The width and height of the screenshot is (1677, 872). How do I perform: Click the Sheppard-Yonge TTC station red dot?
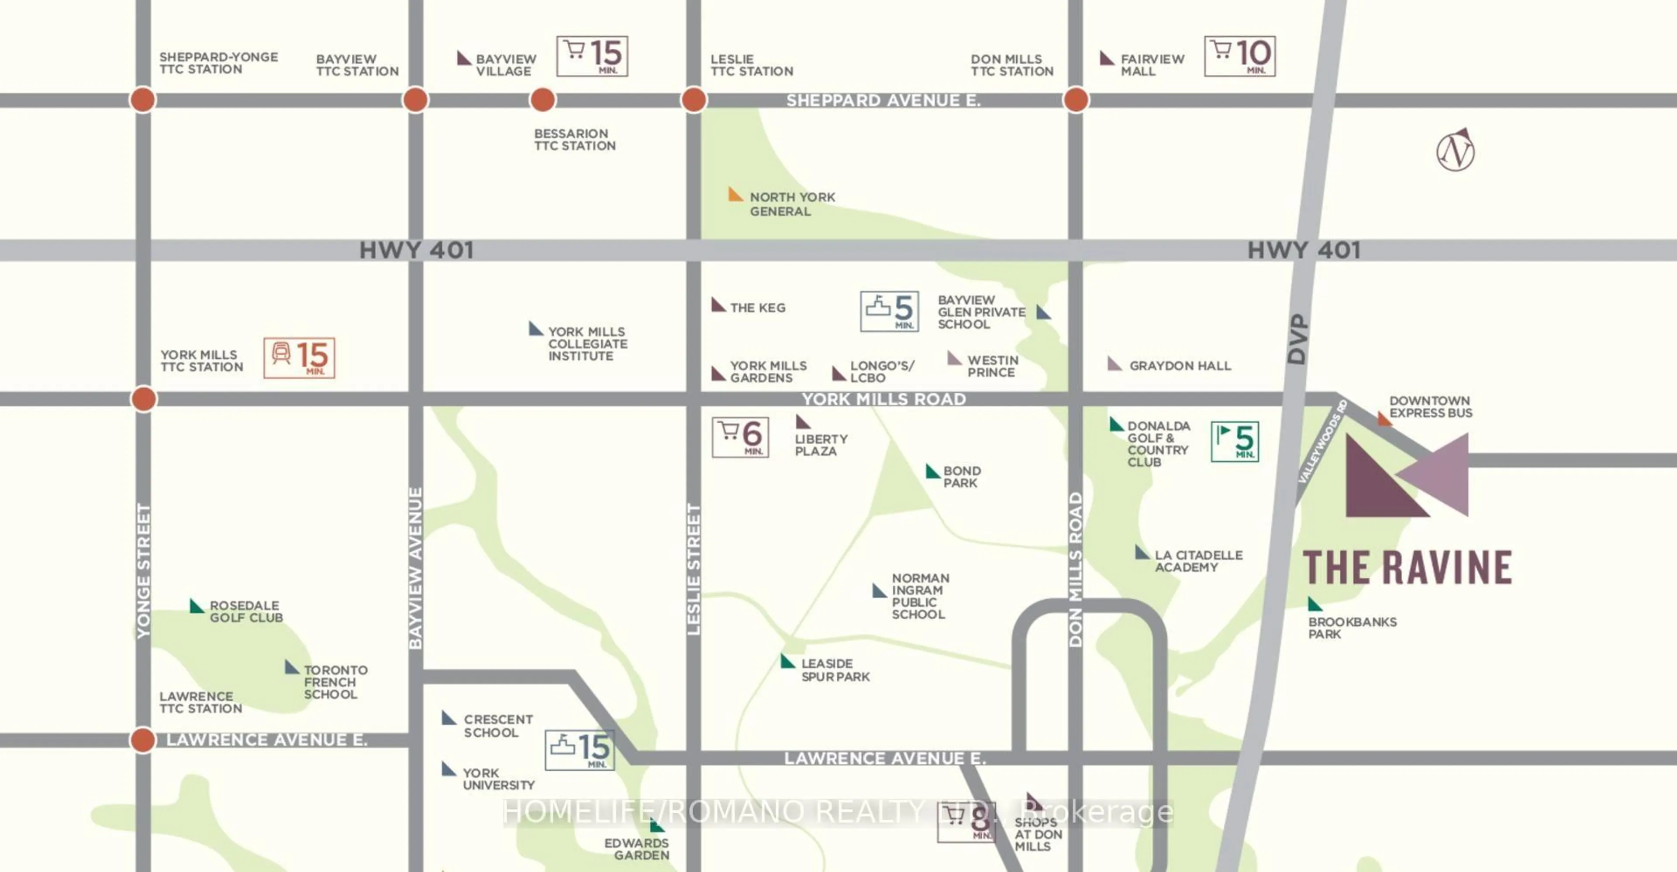pos(142,100)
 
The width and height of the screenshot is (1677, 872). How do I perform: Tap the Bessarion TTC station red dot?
pos(542,100)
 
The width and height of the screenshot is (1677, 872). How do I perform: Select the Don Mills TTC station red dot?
pos(1076,100)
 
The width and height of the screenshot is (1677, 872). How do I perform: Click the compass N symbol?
pos(1455,151)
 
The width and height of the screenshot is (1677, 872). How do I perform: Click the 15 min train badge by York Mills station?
pos(299,358)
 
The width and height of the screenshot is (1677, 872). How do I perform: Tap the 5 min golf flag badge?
pos(1234,442)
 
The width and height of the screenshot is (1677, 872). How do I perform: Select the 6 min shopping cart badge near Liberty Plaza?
pos(740,437)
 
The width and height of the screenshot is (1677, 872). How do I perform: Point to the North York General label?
pos(792,204)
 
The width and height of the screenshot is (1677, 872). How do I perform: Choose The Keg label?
pos(757,308)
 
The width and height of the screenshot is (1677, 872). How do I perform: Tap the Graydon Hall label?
pos(1180,366)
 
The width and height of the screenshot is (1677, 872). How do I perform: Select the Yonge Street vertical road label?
pos(143,571)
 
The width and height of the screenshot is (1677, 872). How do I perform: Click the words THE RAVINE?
pos(1407,567)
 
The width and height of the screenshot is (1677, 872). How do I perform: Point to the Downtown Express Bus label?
pos(1430,407)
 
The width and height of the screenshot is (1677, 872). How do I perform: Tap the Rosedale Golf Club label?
pos(246,612)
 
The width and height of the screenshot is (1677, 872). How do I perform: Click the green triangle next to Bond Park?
pos(932,471)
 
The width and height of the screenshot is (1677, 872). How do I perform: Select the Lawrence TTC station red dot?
pos(142,740)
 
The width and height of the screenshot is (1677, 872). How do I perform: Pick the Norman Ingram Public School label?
pos(919,596)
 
